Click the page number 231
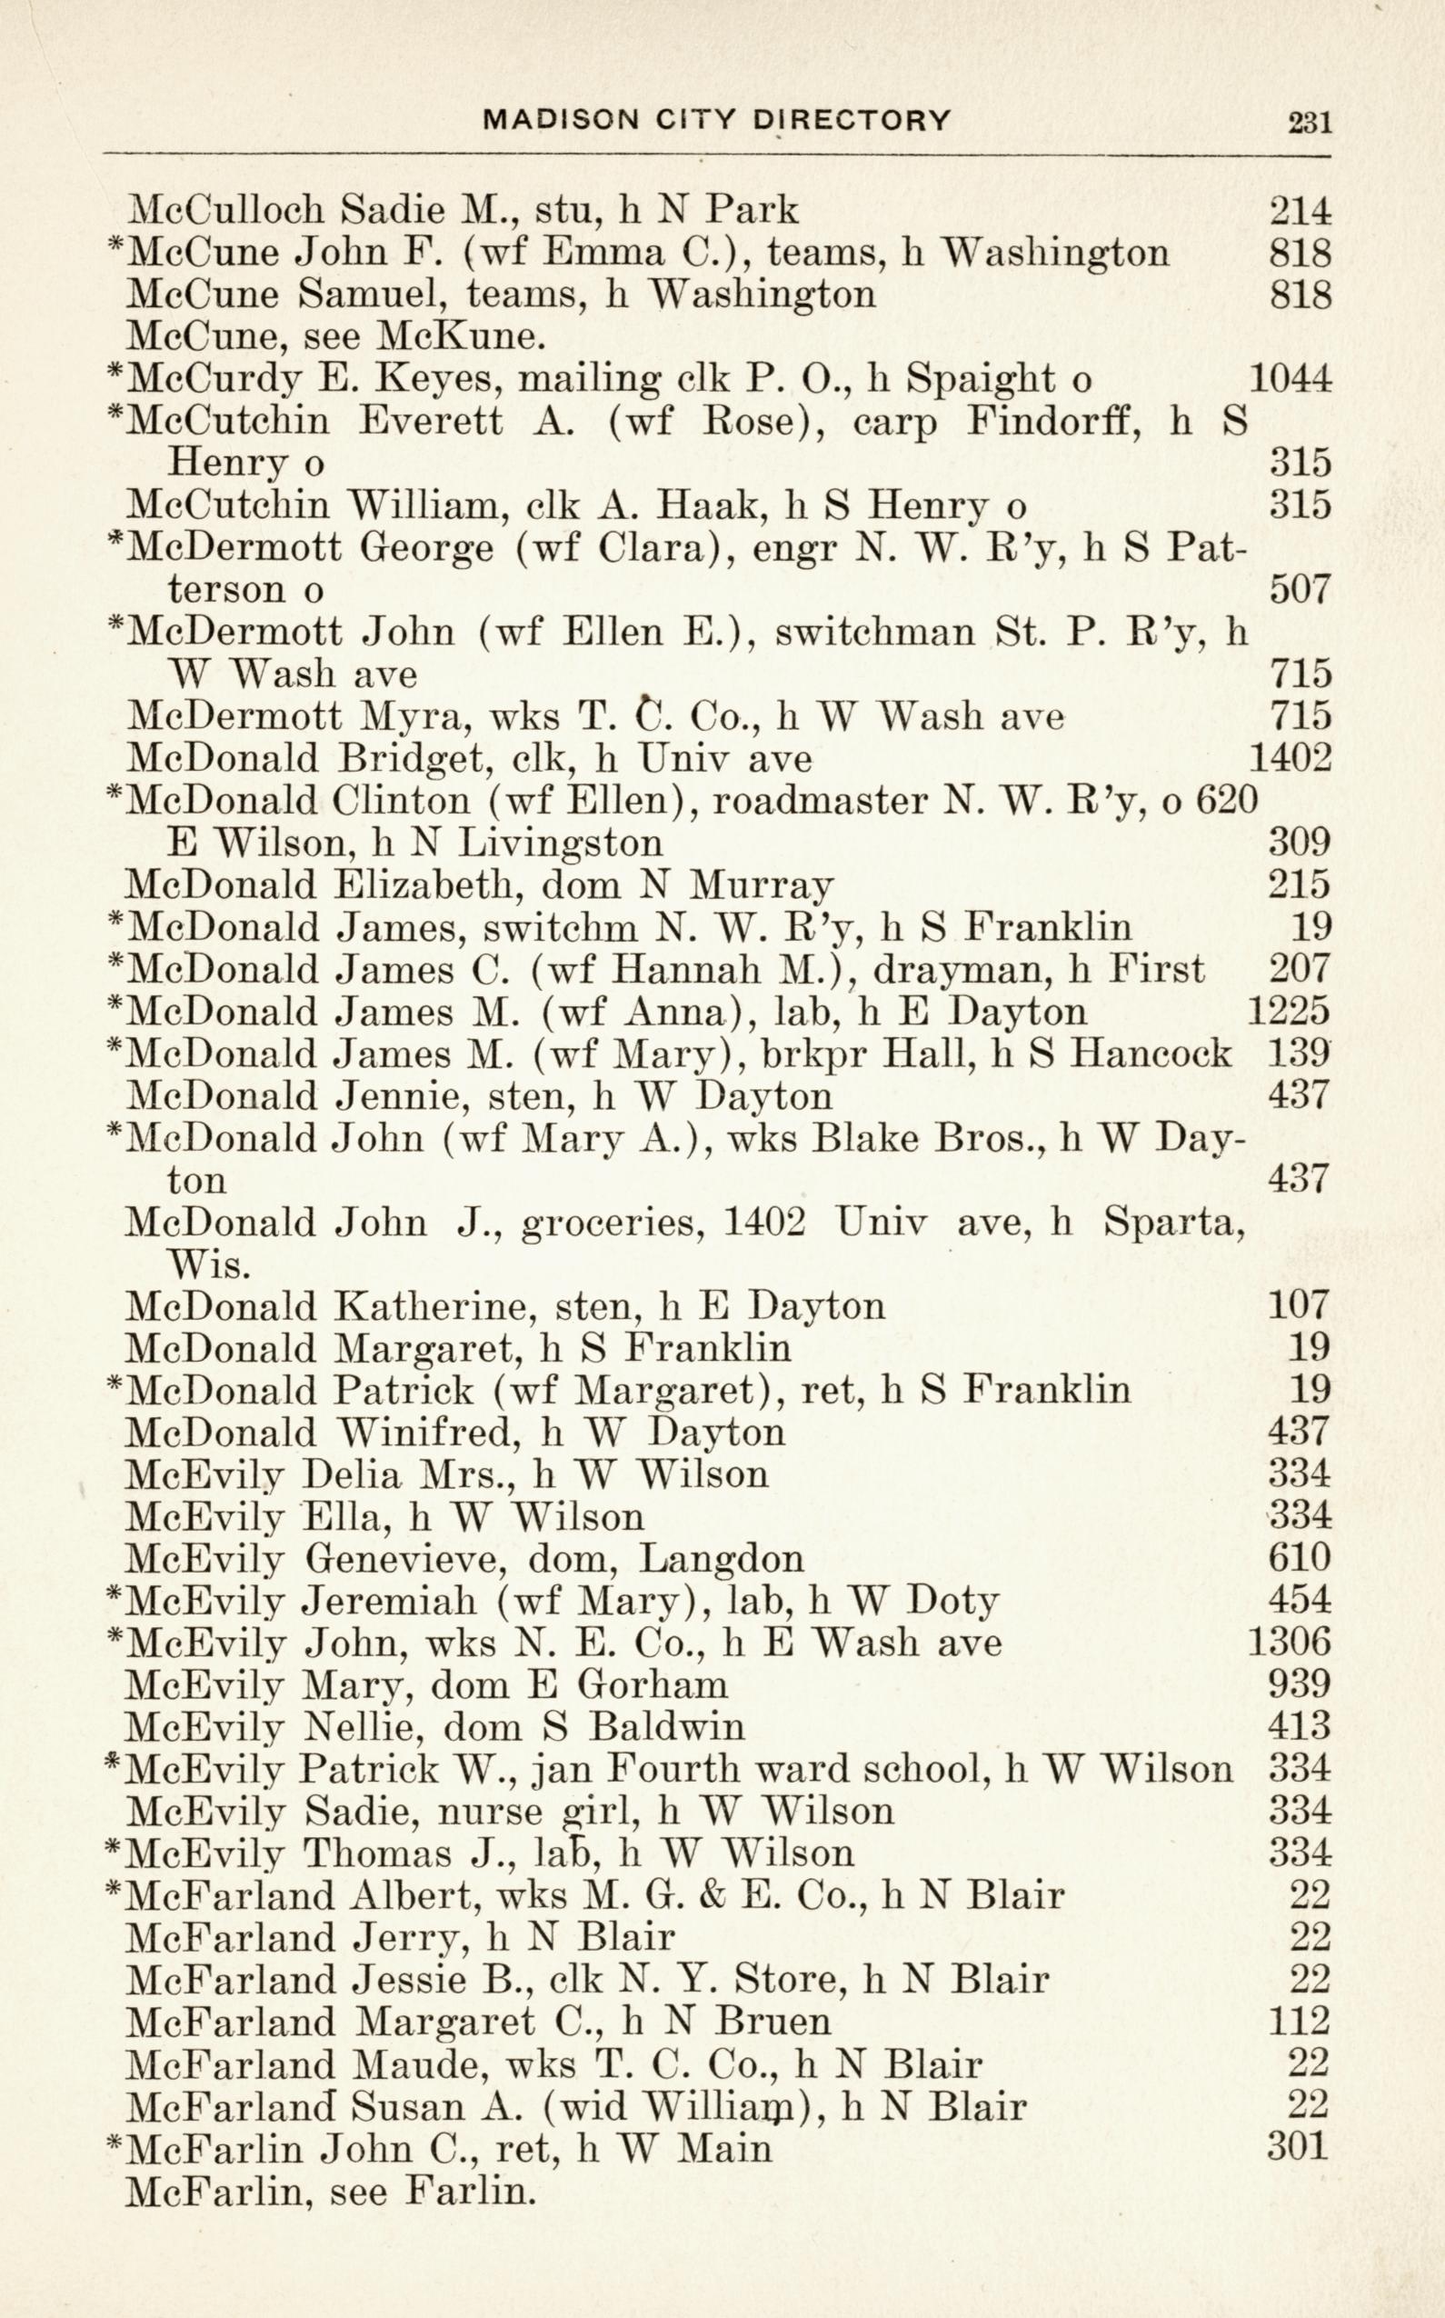tap(1309, 124)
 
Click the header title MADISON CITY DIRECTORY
tap(718, 120)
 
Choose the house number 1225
tap(1289, 1012)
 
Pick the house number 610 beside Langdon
tap(1299, 1559)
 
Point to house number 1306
tap(1289, 1644)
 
